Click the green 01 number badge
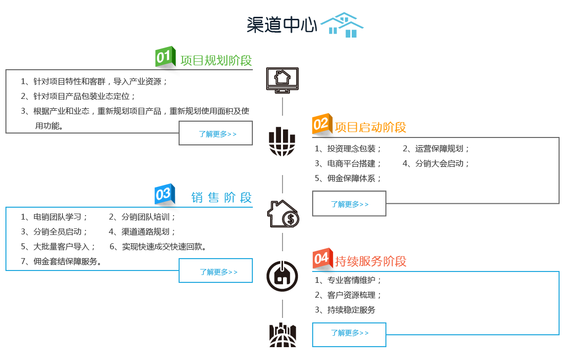(x=165, y=56)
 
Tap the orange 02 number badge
(x=322, y=124)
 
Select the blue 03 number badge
(x=164, y=194)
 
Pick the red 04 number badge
(x=322, y=258)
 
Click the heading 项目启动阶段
(x=371, y=127)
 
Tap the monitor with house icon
(x=282, y=80)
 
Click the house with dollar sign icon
(x=283, y=214)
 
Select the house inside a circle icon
(x=282, y=276)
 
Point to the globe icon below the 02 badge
(x=282, y=141)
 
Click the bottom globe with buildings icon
(x=283, y=335)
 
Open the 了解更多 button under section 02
(x=349, y=204)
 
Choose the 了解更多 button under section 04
(x=349, y=335)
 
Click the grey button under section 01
(x=216, y=134)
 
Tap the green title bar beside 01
(x=216, y=60)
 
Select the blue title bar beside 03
(x=221, y=197)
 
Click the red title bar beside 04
(x=371, y=261)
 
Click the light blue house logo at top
(x=342, y=25)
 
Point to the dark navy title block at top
(x=282, y=25)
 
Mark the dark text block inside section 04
(x=347, y=295)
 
